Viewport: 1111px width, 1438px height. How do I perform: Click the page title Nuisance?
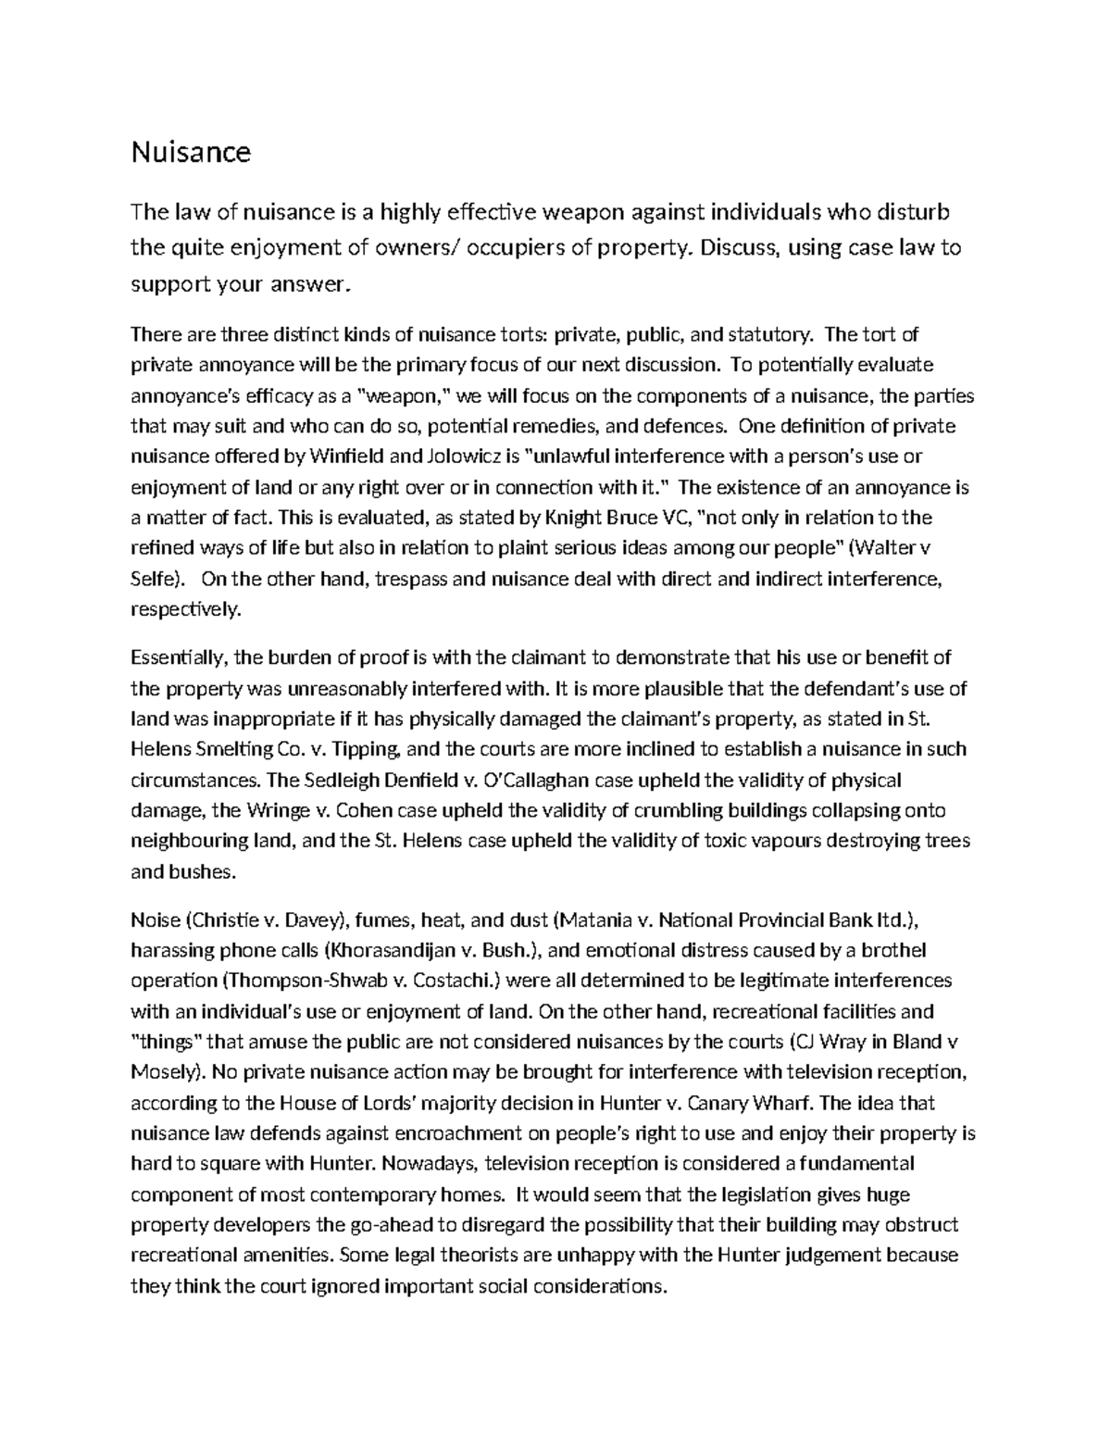point(191,152)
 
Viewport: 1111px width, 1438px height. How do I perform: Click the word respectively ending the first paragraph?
point(185,609)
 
